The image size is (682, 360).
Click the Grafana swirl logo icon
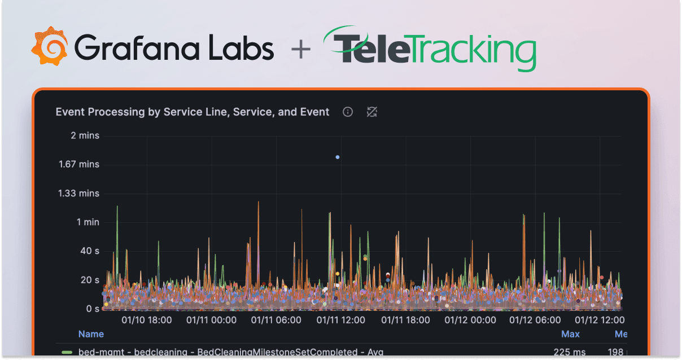pyautogui.click(x=50, y=46)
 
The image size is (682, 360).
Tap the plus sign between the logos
pyautogui.click(x=300, y=49)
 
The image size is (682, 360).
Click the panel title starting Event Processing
pyautogui.click(x=193, y=112)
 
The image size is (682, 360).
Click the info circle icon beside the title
pyautogui.click(x=348, y=112)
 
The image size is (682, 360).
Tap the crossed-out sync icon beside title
pyautogui.click(x=371, y=112)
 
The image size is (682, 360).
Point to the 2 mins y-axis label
pyautogui.click(x=85, y=135)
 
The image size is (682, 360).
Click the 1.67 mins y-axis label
pyautogui.click(x=78, y=164)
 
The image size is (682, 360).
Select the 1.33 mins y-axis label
pyautogui.click(x=78, y=193)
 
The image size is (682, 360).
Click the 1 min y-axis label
pyautogui.click(x=88, y=222)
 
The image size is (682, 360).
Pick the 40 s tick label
pyautogui.click(x=89, y=251)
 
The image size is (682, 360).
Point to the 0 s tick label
pyautogui.click(x=92, y=309)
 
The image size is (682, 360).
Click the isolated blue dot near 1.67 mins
pyautogui.click(x=338, y=157)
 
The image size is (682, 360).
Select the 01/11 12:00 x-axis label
pyautogui.click(x=340, y=321)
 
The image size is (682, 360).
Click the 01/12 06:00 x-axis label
pyautogui.click(x=535, y=321)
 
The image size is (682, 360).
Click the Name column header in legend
pyautogui.click(x=91, y=334)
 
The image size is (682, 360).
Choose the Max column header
pyautogui.click(x=570, y=334)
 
